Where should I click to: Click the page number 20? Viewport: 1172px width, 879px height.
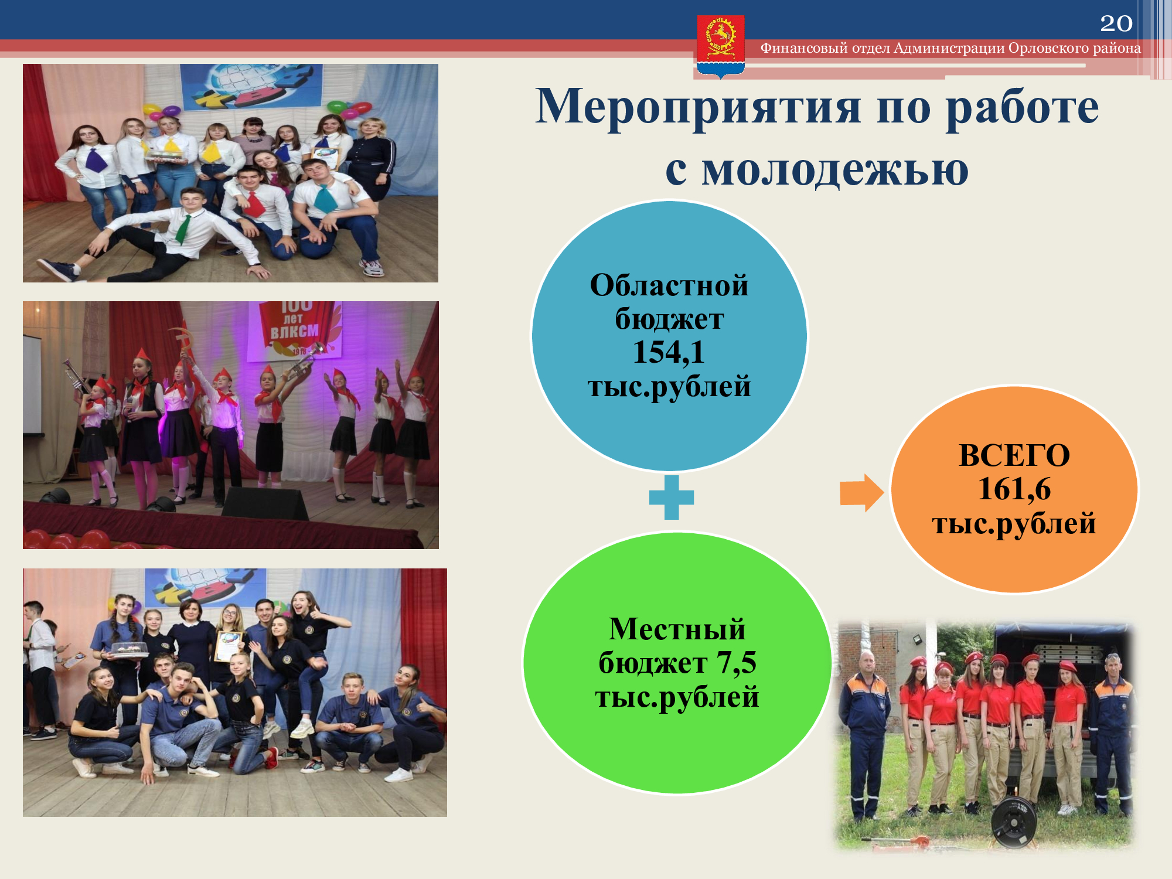click(x=1116, y=23)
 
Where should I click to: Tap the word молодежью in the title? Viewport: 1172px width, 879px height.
click(x=834, y=171)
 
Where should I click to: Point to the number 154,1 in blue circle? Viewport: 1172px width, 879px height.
click(x=669, y=352)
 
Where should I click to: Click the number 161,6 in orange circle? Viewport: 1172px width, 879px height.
click(x=1014, y=489)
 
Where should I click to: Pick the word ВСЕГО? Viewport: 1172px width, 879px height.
click(x=1014, y=455)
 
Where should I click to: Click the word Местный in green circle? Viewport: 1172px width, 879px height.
click(x=677, y=629)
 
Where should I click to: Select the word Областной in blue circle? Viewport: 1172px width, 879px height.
click(x=669, y=285)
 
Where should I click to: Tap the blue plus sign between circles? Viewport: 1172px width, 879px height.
click(x=672, y=498)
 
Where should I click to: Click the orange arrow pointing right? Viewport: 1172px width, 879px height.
click(x=862, y=493)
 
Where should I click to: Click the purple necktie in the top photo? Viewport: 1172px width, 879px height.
click(x=95, y=159)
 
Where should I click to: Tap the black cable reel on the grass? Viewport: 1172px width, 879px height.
click(x=1013, y=821)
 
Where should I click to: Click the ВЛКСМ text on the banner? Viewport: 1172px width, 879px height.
click(x=294, y=331)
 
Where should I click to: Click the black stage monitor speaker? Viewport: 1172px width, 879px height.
click(x=265, y=502)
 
